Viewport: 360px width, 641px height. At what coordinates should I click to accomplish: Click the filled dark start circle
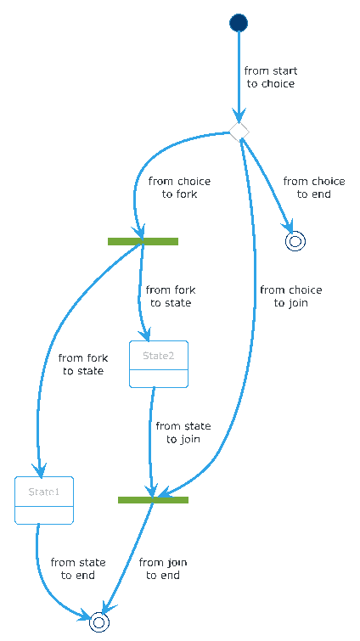[239, 22]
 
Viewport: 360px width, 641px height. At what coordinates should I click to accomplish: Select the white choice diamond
[239, 132]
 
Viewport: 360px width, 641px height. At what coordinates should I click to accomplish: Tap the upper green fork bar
[143, 241]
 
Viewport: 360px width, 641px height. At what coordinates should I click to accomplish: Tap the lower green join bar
[153, 499]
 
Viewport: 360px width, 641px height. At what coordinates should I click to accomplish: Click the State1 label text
[44, 492]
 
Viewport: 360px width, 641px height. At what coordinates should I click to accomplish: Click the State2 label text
[159, 356]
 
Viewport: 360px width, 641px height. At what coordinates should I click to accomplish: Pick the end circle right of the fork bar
[295, 241]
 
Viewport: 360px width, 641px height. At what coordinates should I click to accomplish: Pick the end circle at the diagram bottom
[99, 622]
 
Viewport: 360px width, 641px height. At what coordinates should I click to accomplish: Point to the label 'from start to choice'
[271, 77]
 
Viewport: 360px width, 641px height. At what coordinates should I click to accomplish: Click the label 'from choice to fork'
[179, 188]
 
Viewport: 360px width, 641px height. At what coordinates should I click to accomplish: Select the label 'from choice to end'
[314, 188]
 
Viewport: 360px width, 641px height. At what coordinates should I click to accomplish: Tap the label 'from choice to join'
[291, 296]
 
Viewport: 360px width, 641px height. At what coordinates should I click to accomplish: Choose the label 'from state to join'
[183, 432]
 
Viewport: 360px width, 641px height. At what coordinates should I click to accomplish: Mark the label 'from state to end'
[78, 569]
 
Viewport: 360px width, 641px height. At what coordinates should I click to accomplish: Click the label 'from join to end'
[163, 569]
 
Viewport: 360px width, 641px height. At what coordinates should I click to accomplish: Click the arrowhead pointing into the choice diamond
[239, 115]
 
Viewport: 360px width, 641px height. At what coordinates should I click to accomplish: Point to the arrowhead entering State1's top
[40, 470]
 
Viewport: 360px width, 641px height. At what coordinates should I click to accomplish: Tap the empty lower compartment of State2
[159, 378]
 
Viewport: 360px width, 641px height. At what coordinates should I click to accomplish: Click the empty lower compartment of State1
[44, 514]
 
